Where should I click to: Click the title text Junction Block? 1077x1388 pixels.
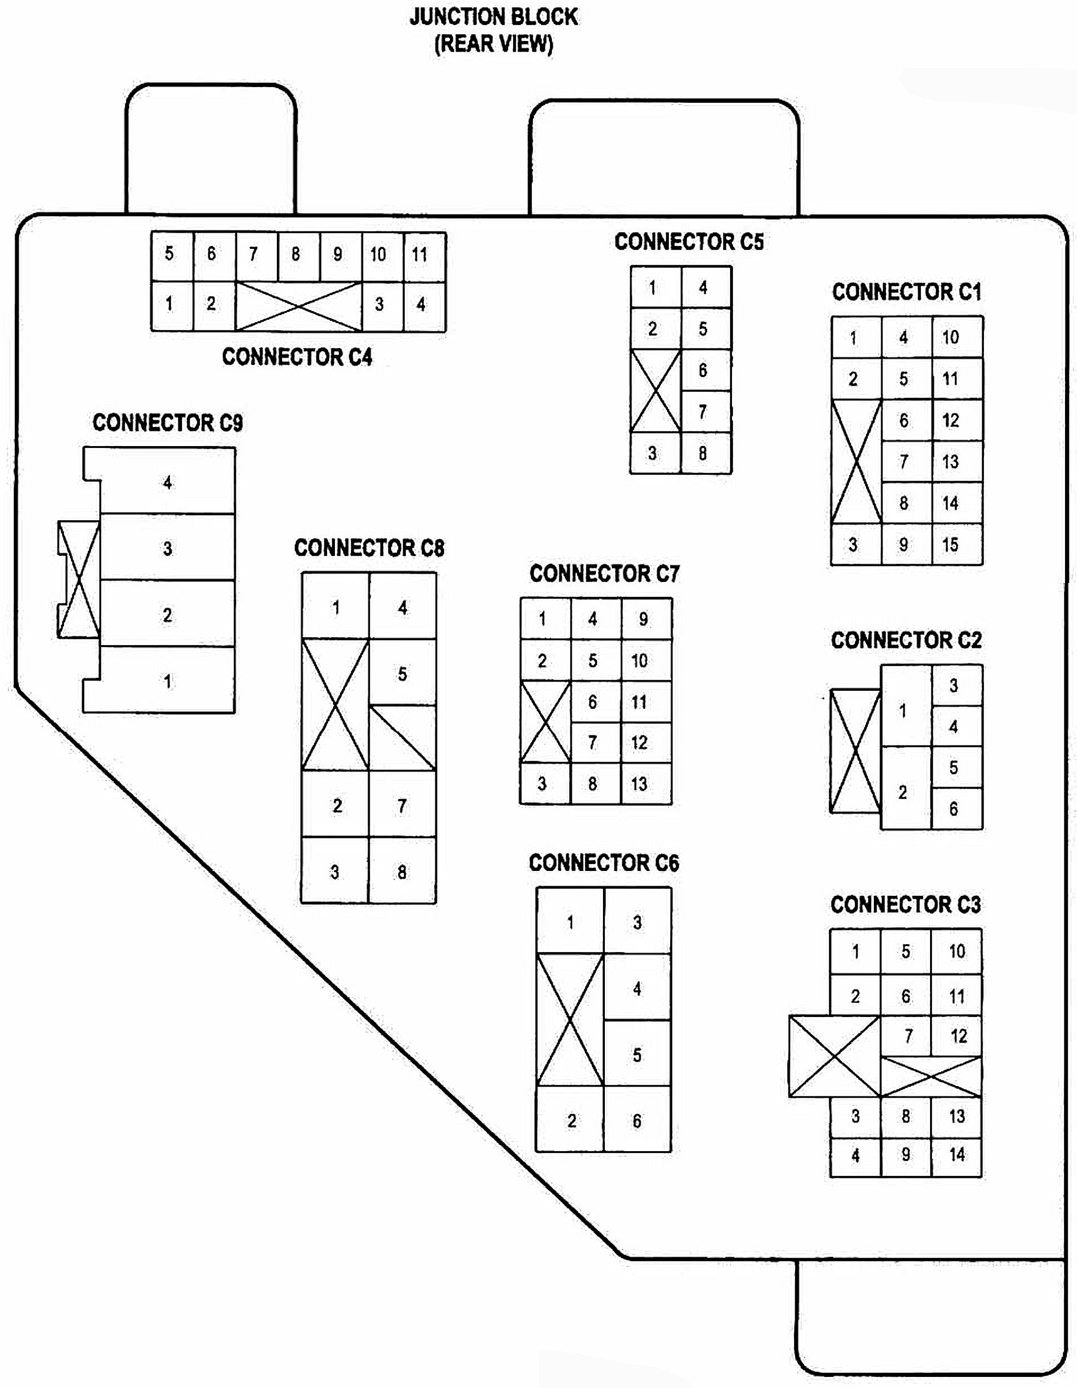click(x=494, y=17)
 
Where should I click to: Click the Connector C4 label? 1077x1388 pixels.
click(x=297, y=357)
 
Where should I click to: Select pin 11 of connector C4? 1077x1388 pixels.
click(x=419, y=255)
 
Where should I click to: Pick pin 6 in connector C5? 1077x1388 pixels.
click(x=703, y=370)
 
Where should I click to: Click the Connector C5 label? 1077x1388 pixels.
click(x=689, y=241)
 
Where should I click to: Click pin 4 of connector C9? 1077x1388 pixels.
click(x=167, y=482)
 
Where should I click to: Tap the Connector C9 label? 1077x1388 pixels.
click(x=168, y=423)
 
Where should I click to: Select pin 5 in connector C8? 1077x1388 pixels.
click(x=402, y=674)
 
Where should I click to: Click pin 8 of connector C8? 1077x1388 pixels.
click(x=402, y=872)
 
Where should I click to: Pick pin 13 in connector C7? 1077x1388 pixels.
click(x=640, y=783)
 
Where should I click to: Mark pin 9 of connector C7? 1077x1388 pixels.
click(x=644, y=619)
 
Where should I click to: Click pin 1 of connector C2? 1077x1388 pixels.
click(x=903, y=711)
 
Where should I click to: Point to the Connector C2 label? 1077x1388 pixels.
click(x=906, y=640)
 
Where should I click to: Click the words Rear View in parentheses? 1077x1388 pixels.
click(x=494, y=44)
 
